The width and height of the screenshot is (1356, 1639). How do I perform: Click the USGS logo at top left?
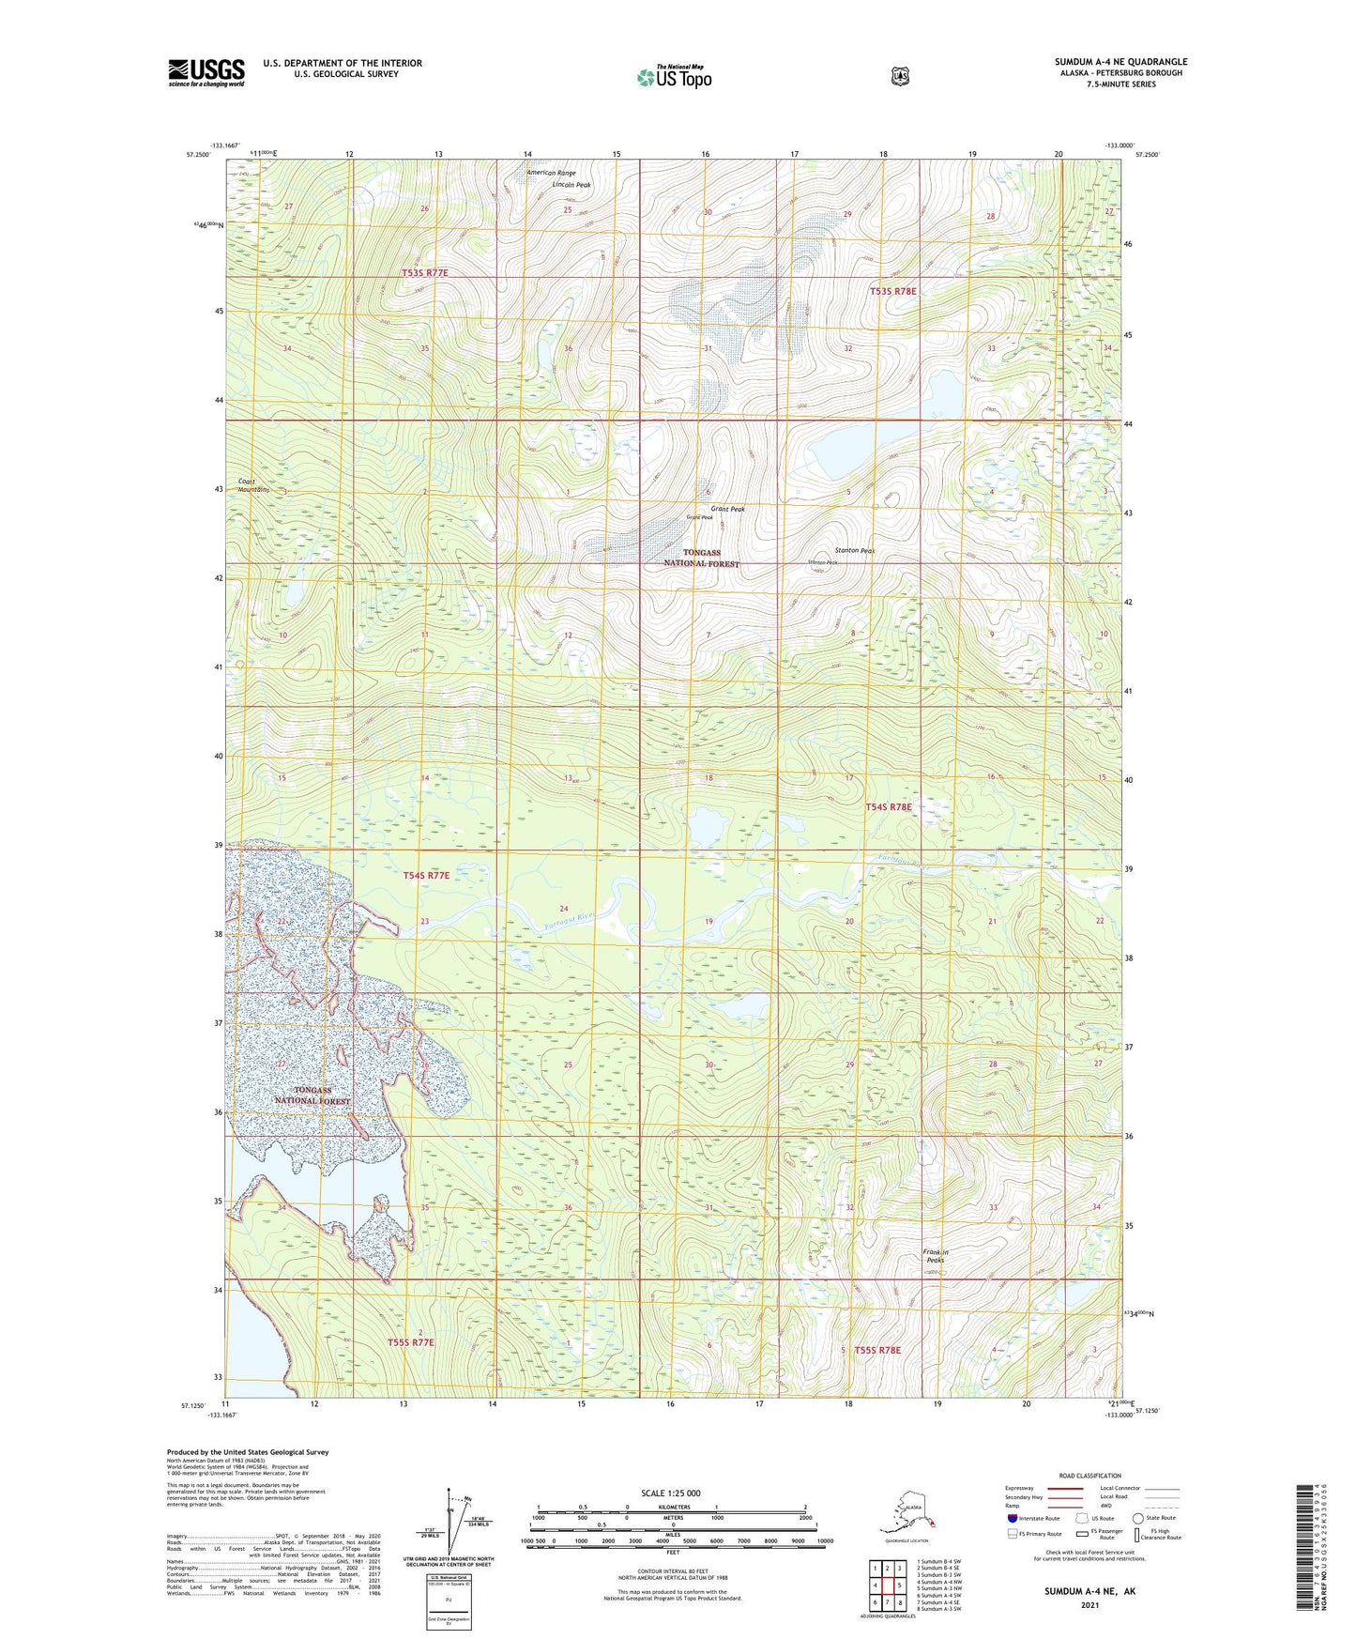click(x=206, y=72)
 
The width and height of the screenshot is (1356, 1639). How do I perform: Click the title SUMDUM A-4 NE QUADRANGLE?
click(x=1120, y=62)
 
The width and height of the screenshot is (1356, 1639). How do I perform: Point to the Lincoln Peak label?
click(x=571, y=185)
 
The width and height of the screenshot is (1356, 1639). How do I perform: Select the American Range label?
click(x=551, y=173)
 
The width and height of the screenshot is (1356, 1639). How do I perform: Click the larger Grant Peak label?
click(x=727, y=509)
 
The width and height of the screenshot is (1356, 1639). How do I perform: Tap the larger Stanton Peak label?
click(x=854, y=551)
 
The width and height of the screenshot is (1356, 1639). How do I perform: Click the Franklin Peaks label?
click(x=936, y=1256)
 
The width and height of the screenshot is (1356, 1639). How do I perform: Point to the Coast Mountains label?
click(x=253, y=485)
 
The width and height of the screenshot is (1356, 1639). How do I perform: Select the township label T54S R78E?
click(x=889, y=806)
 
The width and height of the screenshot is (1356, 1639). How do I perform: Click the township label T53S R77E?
click(x=424, y=272)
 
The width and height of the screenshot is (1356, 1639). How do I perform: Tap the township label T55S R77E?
click(x=411, y=1342)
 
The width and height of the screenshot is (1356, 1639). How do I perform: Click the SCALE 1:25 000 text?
click(x=670, y=1493)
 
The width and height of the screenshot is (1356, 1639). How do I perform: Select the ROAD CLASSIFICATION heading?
click(x=1089, y=1476)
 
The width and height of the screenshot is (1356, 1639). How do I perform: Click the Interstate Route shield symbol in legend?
click(x=1012, y=1518)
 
